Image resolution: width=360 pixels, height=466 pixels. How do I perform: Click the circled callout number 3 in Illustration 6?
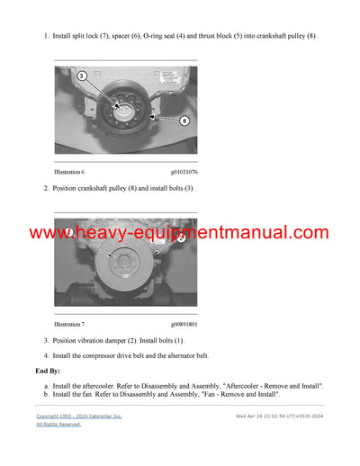point(82,76)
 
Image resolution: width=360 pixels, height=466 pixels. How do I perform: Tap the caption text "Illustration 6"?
point(69,171)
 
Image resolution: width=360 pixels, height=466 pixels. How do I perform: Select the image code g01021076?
point(184,171)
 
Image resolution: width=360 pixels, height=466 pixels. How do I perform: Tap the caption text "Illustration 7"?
point(69,322)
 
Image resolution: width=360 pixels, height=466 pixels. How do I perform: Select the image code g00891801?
point(184,322)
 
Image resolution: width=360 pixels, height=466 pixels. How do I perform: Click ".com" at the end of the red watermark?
point(308,234)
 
